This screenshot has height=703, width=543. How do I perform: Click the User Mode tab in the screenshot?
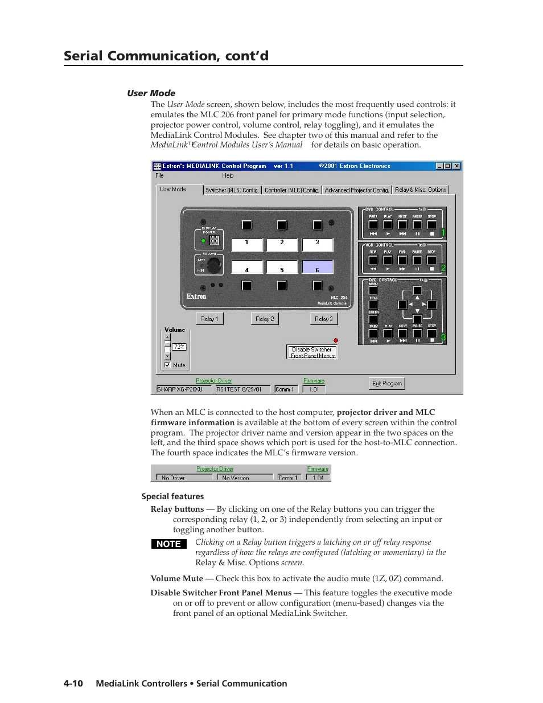coord(173,190)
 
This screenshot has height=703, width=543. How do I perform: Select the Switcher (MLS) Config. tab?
coord(232,190)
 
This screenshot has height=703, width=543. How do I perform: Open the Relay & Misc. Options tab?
coord(420,190)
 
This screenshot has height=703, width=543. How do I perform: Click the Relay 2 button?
coord(265,319)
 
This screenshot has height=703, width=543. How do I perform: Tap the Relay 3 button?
coord(323,319)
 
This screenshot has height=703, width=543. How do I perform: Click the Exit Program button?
coord(386,384)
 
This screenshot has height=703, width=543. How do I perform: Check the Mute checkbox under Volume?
coord(167,365)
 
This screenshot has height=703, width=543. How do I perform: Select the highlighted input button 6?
coord(317,267)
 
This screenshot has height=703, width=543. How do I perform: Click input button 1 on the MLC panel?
coord(247,245)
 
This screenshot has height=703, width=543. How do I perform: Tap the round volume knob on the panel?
coord(213,265)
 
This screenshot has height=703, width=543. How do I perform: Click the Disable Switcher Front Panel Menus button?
coord(312,352)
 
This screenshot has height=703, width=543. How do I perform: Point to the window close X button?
coord(456,166)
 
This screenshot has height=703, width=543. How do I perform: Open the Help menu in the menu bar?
coord(228,176)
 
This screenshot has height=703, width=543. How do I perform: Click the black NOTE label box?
coord(168,544)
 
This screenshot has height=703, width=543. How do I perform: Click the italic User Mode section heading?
coord(151,93)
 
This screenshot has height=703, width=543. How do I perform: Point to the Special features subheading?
coord(172,496)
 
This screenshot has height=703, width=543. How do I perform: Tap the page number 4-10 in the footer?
coord(73,684)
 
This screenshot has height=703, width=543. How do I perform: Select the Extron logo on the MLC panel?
coord(196,297)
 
